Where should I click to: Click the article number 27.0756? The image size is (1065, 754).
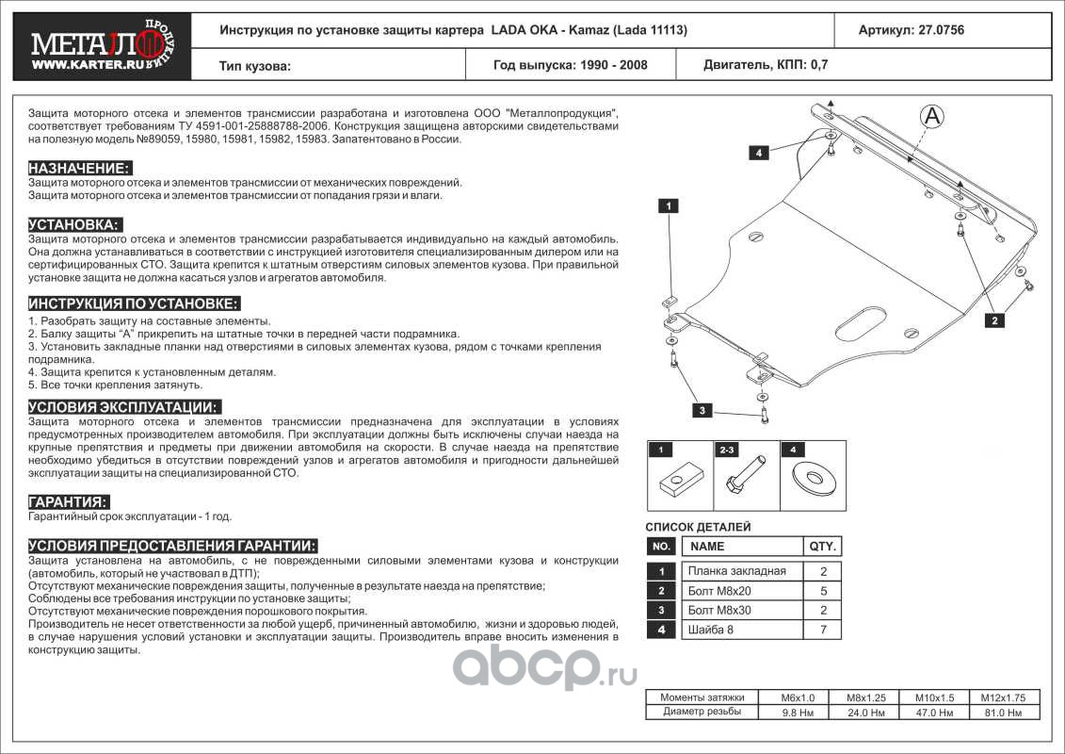coord(937,30)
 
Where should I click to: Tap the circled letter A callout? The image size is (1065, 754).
coord(931,116)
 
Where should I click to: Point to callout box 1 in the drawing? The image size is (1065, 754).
coord(668,205)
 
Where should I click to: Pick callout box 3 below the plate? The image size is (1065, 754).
coord(702,409)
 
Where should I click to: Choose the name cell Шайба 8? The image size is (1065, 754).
coord(736,630)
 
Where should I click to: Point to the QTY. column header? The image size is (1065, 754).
coord(822,547)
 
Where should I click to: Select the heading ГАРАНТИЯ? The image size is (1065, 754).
coord(69,501)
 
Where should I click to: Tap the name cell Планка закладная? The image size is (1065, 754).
coord(736,571)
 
